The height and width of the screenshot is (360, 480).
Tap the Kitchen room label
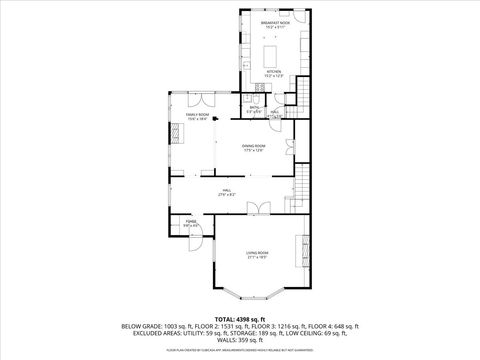273,74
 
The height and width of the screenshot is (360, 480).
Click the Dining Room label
253,148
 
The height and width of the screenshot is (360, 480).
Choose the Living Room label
257,254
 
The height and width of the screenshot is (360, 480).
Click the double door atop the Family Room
199,99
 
